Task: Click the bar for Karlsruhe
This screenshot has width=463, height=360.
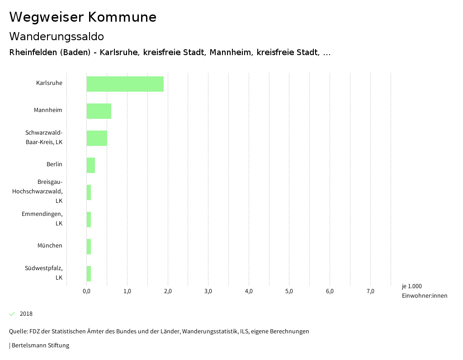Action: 125,84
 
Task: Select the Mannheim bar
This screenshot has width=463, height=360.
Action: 99,111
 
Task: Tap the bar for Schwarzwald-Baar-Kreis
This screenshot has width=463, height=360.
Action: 97,138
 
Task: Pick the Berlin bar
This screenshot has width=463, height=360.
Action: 90,165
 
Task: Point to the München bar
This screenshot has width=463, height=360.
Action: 89,247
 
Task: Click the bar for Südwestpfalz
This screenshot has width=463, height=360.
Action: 89,274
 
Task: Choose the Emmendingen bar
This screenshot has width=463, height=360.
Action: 89,220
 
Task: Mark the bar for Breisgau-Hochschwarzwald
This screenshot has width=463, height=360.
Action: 89,192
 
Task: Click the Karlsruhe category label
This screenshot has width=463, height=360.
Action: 49,83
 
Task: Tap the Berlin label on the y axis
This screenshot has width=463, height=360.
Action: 54,164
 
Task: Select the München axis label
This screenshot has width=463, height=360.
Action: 50,246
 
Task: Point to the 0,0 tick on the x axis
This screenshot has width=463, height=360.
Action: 86,291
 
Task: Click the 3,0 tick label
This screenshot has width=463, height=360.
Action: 208,291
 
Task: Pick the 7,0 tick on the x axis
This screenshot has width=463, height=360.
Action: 370,291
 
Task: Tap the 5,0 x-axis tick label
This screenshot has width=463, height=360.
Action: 289,291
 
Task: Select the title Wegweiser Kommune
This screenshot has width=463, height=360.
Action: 83,17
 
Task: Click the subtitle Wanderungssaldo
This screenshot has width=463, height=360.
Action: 57,37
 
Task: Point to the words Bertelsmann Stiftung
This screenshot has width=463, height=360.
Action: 40,346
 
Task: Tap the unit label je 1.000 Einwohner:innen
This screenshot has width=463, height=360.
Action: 424,291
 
